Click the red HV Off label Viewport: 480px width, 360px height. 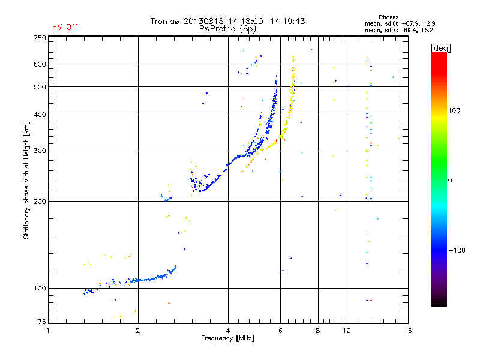click(65, 27)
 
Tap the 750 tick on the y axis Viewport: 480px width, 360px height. click(40, 37)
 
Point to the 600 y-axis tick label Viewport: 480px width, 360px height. click(40, 64)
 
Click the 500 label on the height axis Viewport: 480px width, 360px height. click(40, 86)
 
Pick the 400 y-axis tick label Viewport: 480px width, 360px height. click(40, 115)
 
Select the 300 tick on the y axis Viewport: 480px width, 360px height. click(40, 151)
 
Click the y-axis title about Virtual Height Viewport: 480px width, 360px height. click(26, 181)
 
